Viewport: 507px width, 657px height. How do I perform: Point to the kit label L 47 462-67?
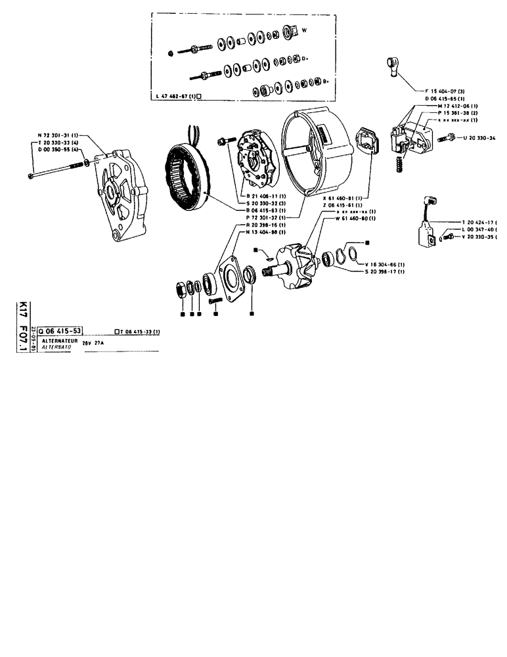pos(176,96)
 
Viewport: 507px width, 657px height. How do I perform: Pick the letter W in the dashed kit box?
pos(303,28)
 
